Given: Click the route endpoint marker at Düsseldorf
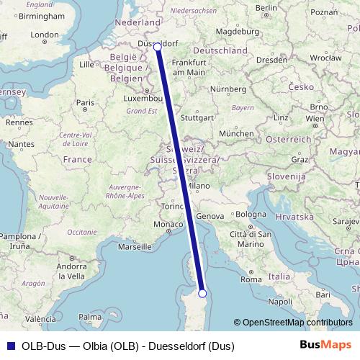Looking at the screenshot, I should [x=158, y=47].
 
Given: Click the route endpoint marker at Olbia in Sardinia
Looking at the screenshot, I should [x=202, y=293].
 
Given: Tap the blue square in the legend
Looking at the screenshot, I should [x=10, y=346].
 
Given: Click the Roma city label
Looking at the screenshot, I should [x=251, y=279].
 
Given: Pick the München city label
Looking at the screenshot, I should [x=235, y=134].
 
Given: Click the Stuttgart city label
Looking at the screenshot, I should [x=197, y=117].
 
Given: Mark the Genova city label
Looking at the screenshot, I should [x=210, y=216].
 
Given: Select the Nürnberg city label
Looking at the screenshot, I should [x=229, y=90].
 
